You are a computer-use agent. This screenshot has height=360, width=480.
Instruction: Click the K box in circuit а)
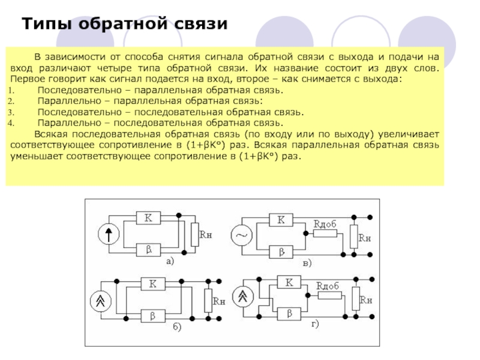click(148, 218)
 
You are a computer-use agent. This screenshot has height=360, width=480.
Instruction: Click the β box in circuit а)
click(148, 250)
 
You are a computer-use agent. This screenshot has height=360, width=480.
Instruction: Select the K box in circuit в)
click(280, 220)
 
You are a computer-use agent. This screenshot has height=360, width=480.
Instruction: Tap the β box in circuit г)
click(289, 313)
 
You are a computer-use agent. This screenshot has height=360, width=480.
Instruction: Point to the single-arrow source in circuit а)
click(109, 235)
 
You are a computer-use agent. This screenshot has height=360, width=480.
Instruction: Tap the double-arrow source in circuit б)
click(100, 300)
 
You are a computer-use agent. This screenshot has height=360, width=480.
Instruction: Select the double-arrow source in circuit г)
click(243, 296)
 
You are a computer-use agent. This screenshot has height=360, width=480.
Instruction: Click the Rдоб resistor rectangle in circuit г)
click(328, 296)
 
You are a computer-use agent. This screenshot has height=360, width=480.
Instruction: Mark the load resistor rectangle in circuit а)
click(194, 234)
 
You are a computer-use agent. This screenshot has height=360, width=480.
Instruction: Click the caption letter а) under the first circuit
click(170, 261)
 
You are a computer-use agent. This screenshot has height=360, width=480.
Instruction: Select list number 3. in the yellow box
click(11, 112)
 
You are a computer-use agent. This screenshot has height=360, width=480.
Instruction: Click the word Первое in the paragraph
click(26, 79)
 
